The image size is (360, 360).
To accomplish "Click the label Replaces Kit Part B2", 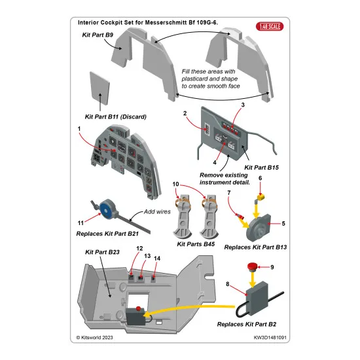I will pyautogui.click(x=252, y=323).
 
